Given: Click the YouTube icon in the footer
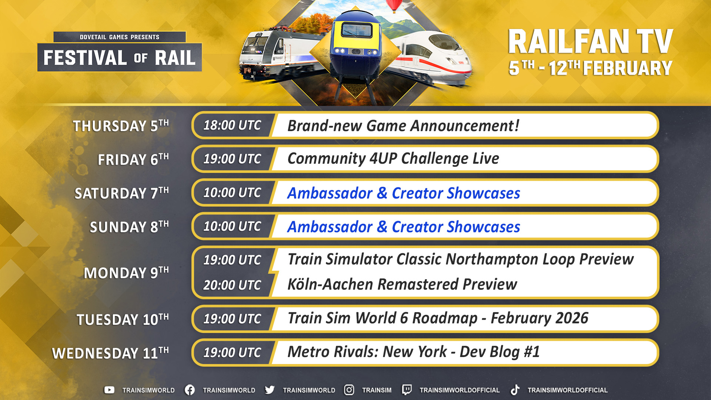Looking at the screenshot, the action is [x=109, y=390].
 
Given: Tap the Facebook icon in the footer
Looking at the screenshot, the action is [x=190, y=390].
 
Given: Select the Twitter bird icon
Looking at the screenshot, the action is [x=270, y=390].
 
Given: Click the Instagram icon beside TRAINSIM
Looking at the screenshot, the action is [x=349, y=390].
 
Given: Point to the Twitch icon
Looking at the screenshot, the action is [x=407, y=390].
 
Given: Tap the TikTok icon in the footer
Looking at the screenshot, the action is [x=515, y=390].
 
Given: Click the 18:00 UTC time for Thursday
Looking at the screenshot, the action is [x=232, y=126].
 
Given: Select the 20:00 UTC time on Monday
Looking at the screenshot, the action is [x=232, y=285].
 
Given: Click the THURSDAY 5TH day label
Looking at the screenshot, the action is [x=121, y=126].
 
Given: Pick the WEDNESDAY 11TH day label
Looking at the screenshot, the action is [x=110, y=353].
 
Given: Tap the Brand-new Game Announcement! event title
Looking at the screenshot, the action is [x=403, y=126].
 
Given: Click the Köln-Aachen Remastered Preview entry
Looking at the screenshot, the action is [x=402, y=284].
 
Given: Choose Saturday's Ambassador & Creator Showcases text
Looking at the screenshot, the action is [x=404, y=193].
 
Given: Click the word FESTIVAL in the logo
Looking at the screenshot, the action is [x=86, y=58].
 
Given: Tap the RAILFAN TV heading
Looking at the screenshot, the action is [x=590, y=41].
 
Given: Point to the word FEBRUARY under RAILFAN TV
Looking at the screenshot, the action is [x=628, y=68].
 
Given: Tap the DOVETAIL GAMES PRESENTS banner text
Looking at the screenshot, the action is [x=120, y=37].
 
